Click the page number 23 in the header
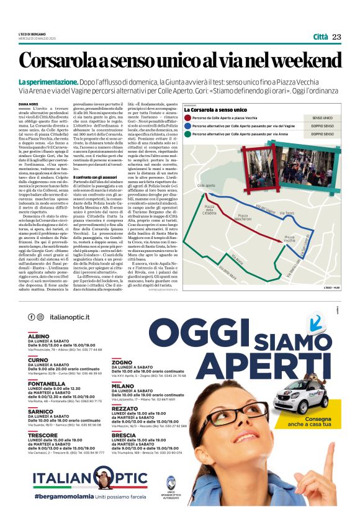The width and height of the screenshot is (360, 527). [x=336, y=37]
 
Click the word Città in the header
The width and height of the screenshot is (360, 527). [x=321, y=37]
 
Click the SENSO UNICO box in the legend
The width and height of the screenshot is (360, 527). [x=322, y=117]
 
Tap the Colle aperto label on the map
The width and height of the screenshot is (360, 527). [x=206, y=185]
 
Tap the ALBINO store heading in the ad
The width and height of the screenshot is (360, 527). [x=38, y=336]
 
